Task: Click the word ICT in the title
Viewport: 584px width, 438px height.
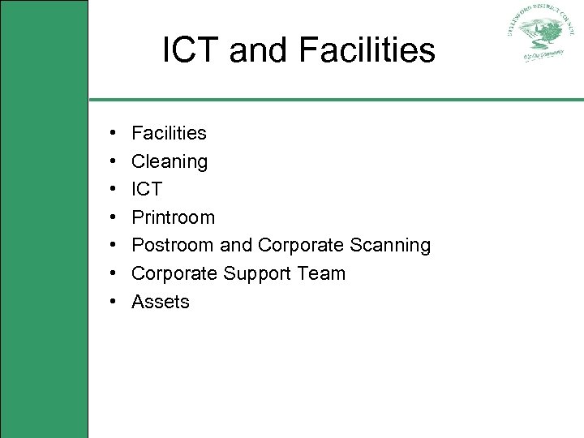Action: pos(192,50)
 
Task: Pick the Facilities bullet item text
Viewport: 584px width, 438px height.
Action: pos(169,133)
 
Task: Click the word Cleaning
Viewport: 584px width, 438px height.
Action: pos(170,161)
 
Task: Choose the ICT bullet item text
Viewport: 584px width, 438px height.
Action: pos(147,189)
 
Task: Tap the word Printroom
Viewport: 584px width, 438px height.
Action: pos(173,217)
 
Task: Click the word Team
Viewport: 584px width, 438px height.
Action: pos(321,273)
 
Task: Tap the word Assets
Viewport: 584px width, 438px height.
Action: pos(161,302)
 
